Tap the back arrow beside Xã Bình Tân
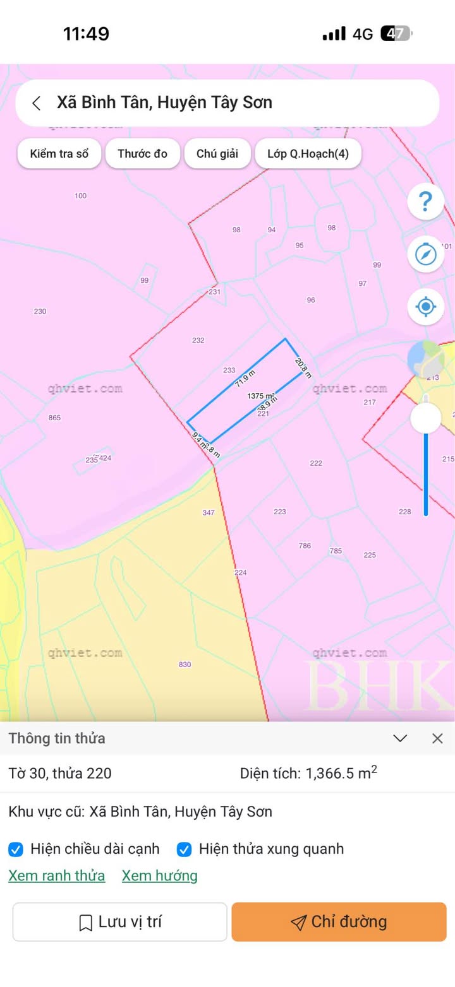click(37, 103)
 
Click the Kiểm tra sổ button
click(59, 153)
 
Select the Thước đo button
click(142, 153)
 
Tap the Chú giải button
click(217, 153)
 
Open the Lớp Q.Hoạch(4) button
click(308, 153)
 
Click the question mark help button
click(425, 201)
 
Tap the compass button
click(425, 254)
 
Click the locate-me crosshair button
click(425, 307)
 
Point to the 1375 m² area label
click(261, 396)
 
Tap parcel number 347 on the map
click(209, 512)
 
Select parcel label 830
click(185, 664)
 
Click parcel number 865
click(54, 418)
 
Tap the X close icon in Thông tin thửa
click(437, 738)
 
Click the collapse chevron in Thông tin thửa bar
click(400, 738)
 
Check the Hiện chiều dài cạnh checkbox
click(16, 849)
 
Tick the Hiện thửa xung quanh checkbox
click(184, 849)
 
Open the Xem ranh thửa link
click(56, 876)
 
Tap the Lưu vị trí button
click(120, 922)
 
